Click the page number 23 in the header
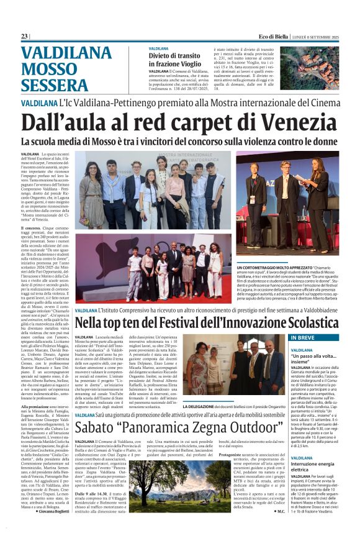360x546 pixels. pos(24,37)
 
